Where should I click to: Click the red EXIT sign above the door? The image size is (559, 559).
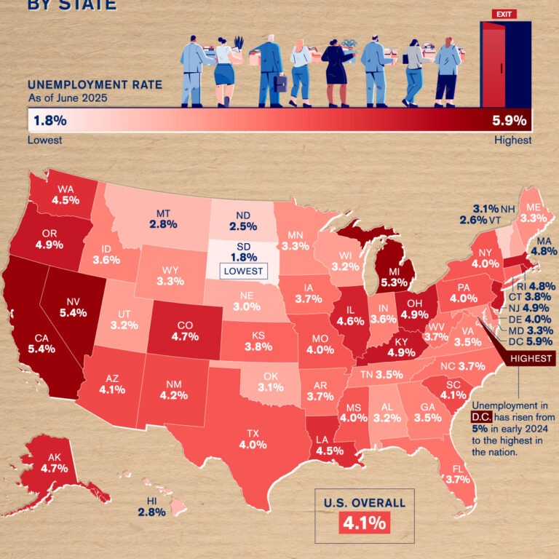(x=503, y=13)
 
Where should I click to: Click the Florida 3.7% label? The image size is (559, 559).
(x=456, y=474)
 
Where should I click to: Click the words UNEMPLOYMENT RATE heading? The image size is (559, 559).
(x=95, y=84)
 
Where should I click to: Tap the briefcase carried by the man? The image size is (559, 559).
(x=280, y=84)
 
